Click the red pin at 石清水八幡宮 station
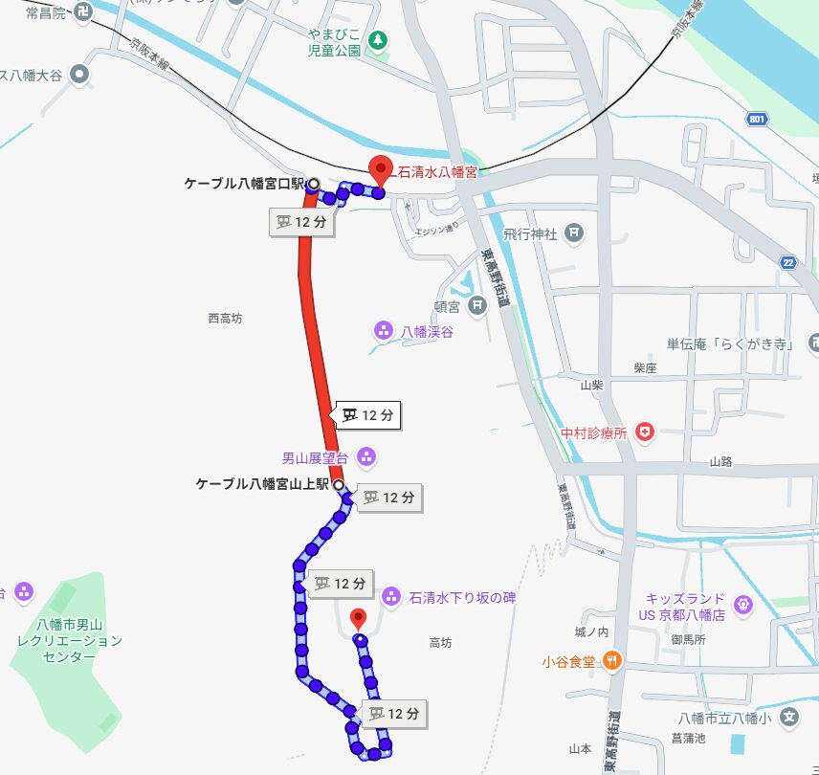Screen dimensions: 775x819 381,169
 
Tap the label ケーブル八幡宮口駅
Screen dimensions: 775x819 243,183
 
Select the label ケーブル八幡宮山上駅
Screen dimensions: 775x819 262,484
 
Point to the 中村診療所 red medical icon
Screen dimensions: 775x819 644,432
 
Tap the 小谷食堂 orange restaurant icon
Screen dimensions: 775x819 612,660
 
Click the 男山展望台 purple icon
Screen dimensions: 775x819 365,456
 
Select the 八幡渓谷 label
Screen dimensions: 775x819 427,332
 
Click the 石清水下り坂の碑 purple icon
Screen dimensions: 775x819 390,597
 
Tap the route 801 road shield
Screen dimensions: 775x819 758,119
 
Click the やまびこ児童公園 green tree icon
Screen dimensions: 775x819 380,40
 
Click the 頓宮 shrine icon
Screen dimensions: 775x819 477,306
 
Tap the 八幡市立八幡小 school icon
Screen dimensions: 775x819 788,717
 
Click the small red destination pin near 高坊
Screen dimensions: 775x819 358,618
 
